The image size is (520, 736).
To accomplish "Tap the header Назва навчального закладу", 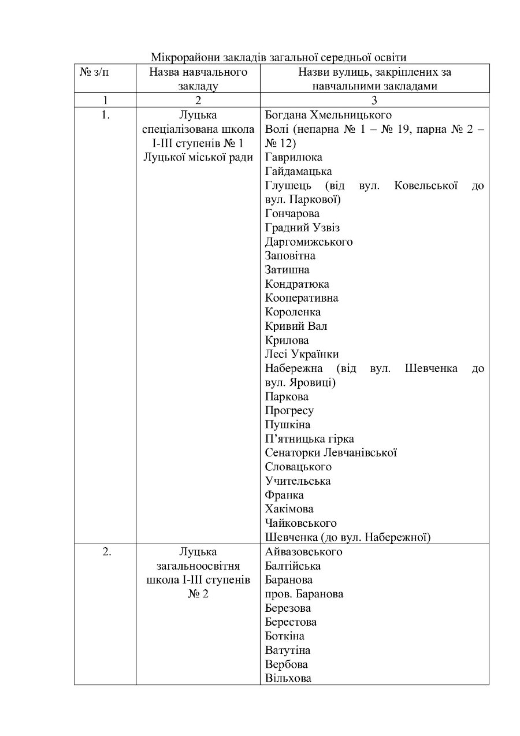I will point(198,79).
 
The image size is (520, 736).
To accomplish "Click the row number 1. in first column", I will point(105,115).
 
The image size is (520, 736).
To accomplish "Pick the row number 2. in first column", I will point(106,552).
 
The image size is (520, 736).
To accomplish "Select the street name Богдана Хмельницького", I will point(328,115).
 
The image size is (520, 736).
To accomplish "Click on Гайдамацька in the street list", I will point(298,172).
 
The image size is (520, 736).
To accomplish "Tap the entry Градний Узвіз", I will point(302,228).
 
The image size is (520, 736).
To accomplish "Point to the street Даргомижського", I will point(309,241).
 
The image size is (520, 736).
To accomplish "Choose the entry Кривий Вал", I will point(296,326).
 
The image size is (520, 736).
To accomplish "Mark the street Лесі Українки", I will point(302,354).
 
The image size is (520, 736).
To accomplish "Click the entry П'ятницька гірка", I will point(309,438).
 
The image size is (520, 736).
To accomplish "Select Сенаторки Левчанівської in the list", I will point(330,453).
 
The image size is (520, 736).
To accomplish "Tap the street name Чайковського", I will point(300,523).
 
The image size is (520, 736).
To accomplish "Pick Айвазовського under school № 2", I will point(303,552).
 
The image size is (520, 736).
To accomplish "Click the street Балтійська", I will point(292,566).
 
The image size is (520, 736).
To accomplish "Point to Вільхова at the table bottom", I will point(288,678).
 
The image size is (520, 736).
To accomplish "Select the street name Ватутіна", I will point(287,650).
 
